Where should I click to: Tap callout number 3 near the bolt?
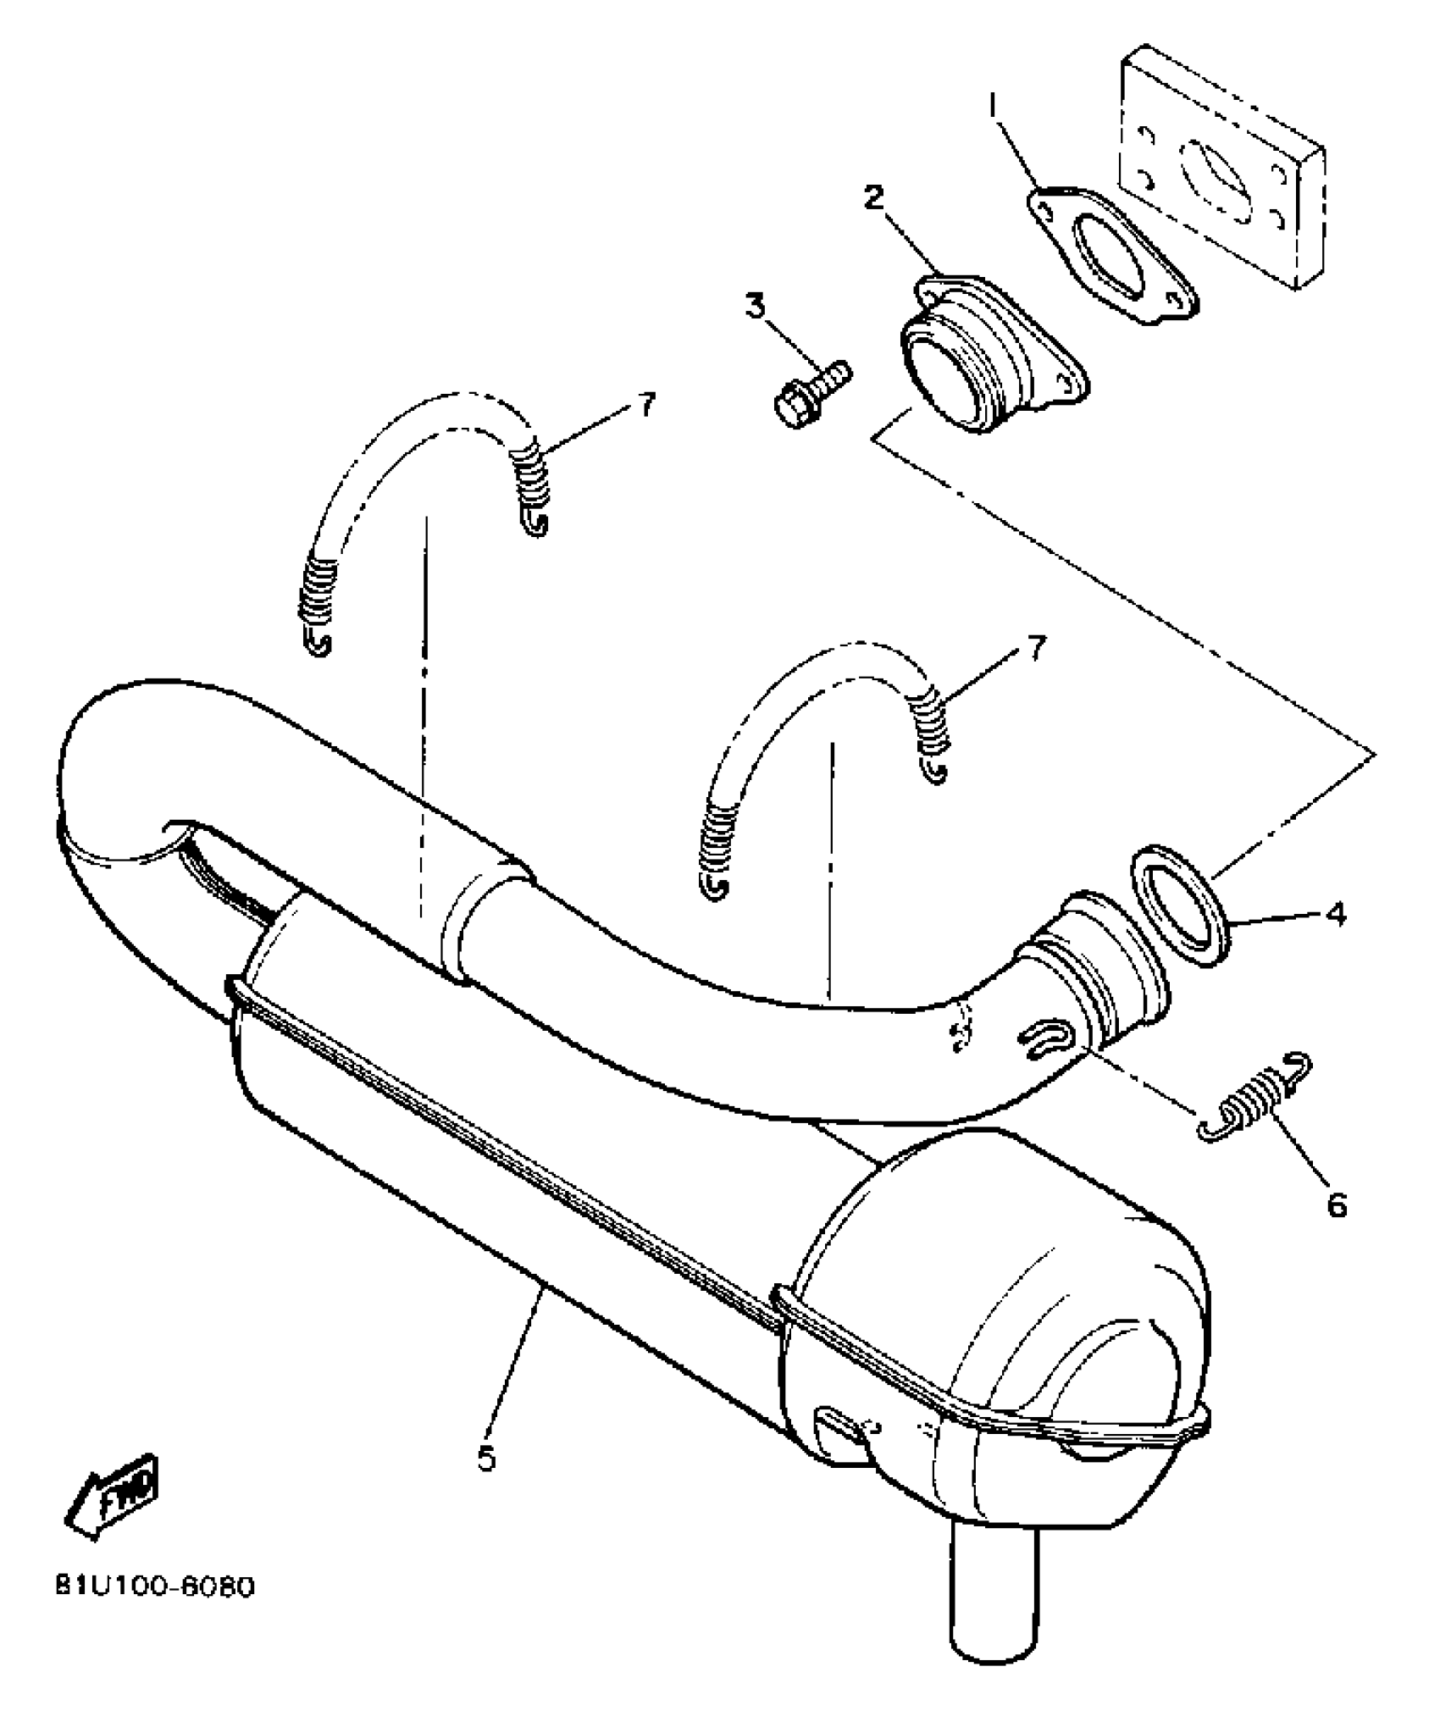coord(755,306)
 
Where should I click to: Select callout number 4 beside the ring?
coord(1336,915)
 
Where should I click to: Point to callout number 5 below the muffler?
coord(486,1459)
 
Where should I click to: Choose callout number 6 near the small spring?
coord(1337,1204)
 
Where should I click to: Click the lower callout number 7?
coord(1035,649)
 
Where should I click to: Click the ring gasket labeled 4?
coord(1179,904)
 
